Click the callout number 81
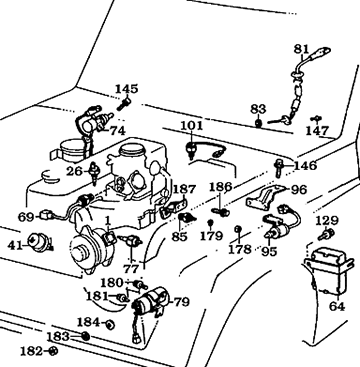coord(301,49)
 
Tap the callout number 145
coord(126,89)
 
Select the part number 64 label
coord(337,306)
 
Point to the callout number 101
coord(191,126)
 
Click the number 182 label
coord(32,351)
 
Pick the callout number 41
coord(15,246)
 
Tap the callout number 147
coord(317,130)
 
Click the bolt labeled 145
coord(124,103)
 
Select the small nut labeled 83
coord(258,123)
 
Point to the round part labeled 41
coord(39,242)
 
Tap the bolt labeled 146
coord(279,168)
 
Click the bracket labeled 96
coord(265,198)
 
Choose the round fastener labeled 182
coord(53,351)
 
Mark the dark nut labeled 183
coord(85,336)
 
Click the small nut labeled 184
coord(110,324)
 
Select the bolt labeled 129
coord(325,234)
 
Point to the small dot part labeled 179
coord(210,222)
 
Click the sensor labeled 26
coord(95,173)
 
